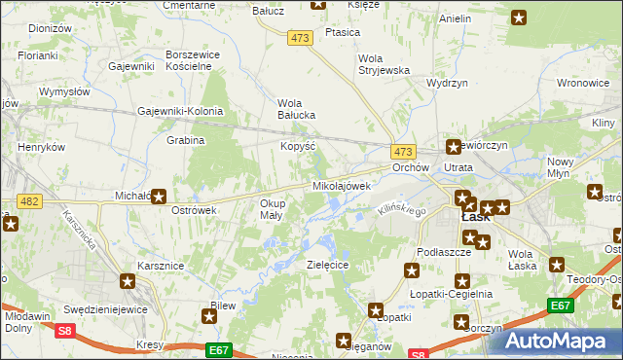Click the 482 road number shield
[29, 201]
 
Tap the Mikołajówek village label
[341, 186]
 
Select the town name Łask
[474, 217]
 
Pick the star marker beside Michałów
[159, 196]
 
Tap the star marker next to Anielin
[519, 18]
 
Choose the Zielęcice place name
[327, 264]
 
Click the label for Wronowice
[583, 84]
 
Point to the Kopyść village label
[298, 145]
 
